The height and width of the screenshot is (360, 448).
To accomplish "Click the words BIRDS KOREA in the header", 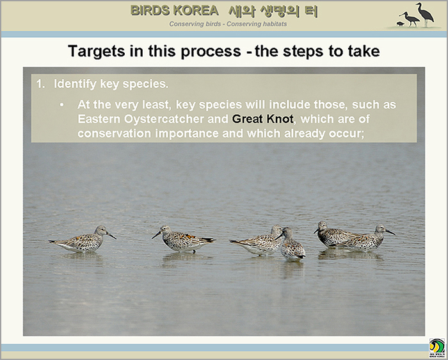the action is [174, 11].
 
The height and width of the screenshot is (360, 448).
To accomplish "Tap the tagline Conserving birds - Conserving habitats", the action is [228, 24].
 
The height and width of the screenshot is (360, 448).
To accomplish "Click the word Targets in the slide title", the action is [97, 52].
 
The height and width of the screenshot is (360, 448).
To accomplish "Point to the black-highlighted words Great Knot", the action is [262, 119].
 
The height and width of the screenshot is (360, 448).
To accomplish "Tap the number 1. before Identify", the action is [40, 84].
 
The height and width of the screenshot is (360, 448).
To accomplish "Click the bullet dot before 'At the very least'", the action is [61, 105].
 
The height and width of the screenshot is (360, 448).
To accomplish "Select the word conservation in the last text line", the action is [115, 133].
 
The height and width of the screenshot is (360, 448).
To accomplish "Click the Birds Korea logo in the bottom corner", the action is [437, 348].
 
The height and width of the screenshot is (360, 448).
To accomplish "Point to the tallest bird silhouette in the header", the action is [425, 15].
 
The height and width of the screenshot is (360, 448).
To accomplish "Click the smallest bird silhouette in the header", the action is [401, 24].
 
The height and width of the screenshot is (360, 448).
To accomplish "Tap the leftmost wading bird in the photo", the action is [83, 240].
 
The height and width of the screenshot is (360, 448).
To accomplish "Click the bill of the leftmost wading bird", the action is [112, 236].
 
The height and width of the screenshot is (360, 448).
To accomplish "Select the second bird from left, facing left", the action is [183, 240].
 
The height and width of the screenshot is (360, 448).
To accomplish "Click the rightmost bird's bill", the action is [390, 232].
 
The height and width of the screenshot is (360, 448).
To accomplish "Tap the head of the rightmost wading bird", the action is [381, 229].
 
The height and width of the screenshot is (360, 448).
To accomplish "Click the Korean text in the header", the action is [273, 11].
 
